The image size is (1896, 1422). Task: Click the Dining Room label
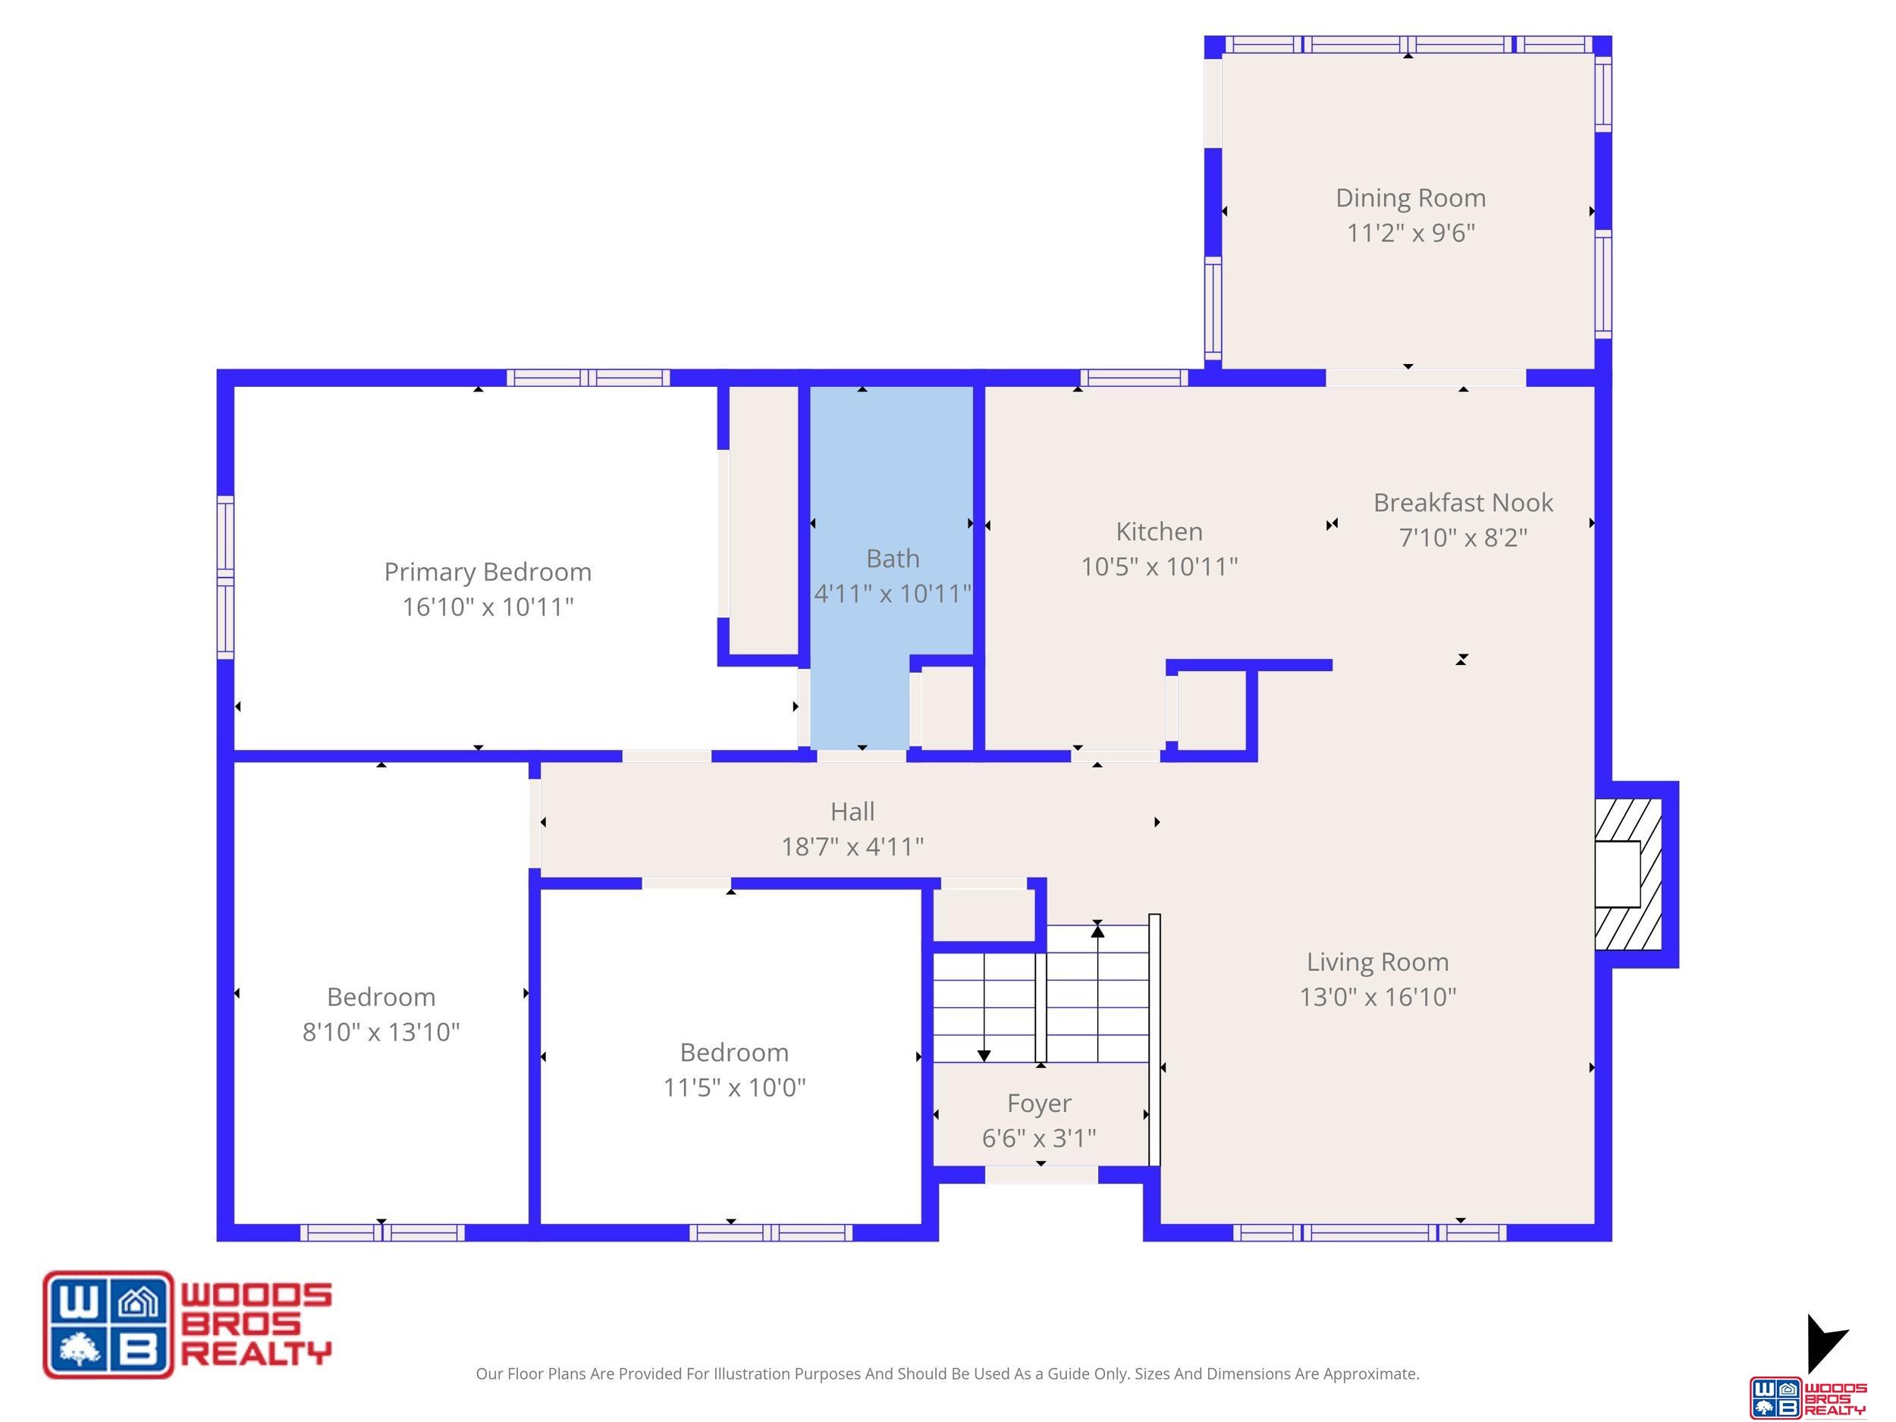[1410, 198]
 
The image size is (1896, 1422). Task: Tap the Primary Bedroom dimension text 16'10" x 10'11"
[488, 607]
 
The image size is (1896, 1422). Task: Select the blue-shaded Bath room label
[893, 559]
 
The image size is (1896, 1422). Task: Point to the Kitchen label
[1159, 532]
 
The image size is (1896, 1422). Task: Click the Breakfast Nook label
[1462, 502]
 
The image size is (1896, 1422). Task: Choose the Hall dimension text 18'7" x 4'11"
[852, 847]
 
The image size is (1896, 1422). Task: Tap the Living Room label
[1377, 962]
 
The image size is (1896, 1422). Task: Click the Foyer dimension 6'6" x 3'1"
[1039, 1138]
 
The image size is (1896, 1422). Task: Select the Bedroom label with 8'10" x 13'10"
[381, 997]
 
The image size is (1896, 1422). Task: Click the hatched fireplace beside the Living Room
[1628, 874]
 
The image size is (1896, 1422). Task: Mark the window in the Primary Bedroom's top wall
[588, 378]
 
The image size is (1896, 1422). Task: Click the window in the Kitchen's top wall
[1134, 378]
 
